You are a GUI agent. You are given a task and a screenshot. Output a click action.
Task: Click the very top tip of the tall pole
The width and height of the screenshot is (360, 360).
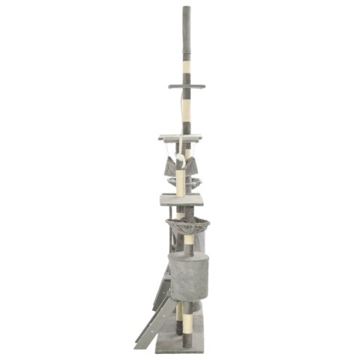tap(185, 7)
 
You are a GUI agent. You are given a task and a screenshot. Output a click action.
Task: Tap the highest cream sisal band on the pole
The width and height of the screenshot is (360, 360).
tap(185, 58)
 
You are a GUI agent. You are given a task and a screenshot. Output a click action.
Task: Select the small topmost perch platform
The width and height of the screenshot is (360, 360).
tap(187, 86)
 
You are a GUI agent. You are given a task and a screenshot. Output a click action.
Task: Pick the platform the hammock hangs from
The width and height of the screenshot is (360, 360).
tap(180, 137)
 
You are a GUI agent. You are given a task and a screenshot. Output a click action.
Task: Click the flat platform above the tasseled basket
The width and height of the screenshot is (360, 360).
tap(181, 199)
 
